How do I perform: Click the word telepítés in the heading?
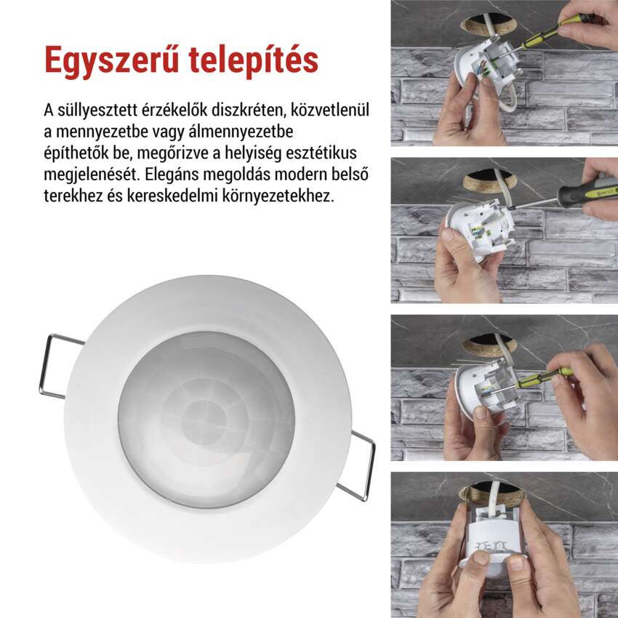(x=254, y=60)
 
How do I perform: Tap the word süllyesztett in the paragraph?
(x=97, y=111)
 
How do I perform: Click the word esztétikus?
(x=321, y=153)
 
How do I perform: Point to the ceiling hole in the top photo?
(x=489, y=25)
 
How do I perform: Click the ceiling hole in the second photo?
(x=489, y=180)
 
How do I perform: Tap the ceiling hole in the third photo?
(x=489, y=344)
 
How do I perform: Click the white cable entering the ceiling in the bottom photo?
(x=493, y=497)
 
